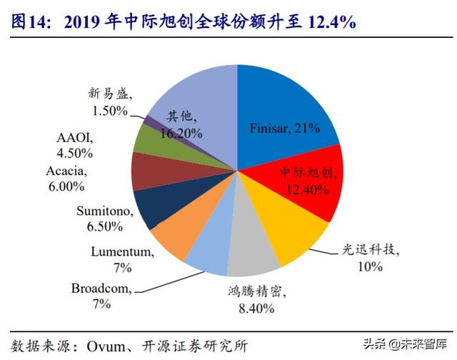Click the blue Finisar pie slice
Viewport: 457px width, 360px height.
pos(286,107)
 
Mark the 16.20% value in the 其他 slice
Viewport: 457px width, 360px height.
pos(184,133)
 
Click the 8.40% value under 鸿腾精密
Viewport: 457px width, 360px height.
pos(255,307)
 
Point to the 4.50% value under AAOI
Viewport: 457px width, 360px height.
pos(75,151)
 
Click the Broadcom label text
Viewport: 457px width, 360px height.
pos(101,289)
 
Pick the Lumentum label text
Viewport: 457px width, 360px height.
pos(122,251)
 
